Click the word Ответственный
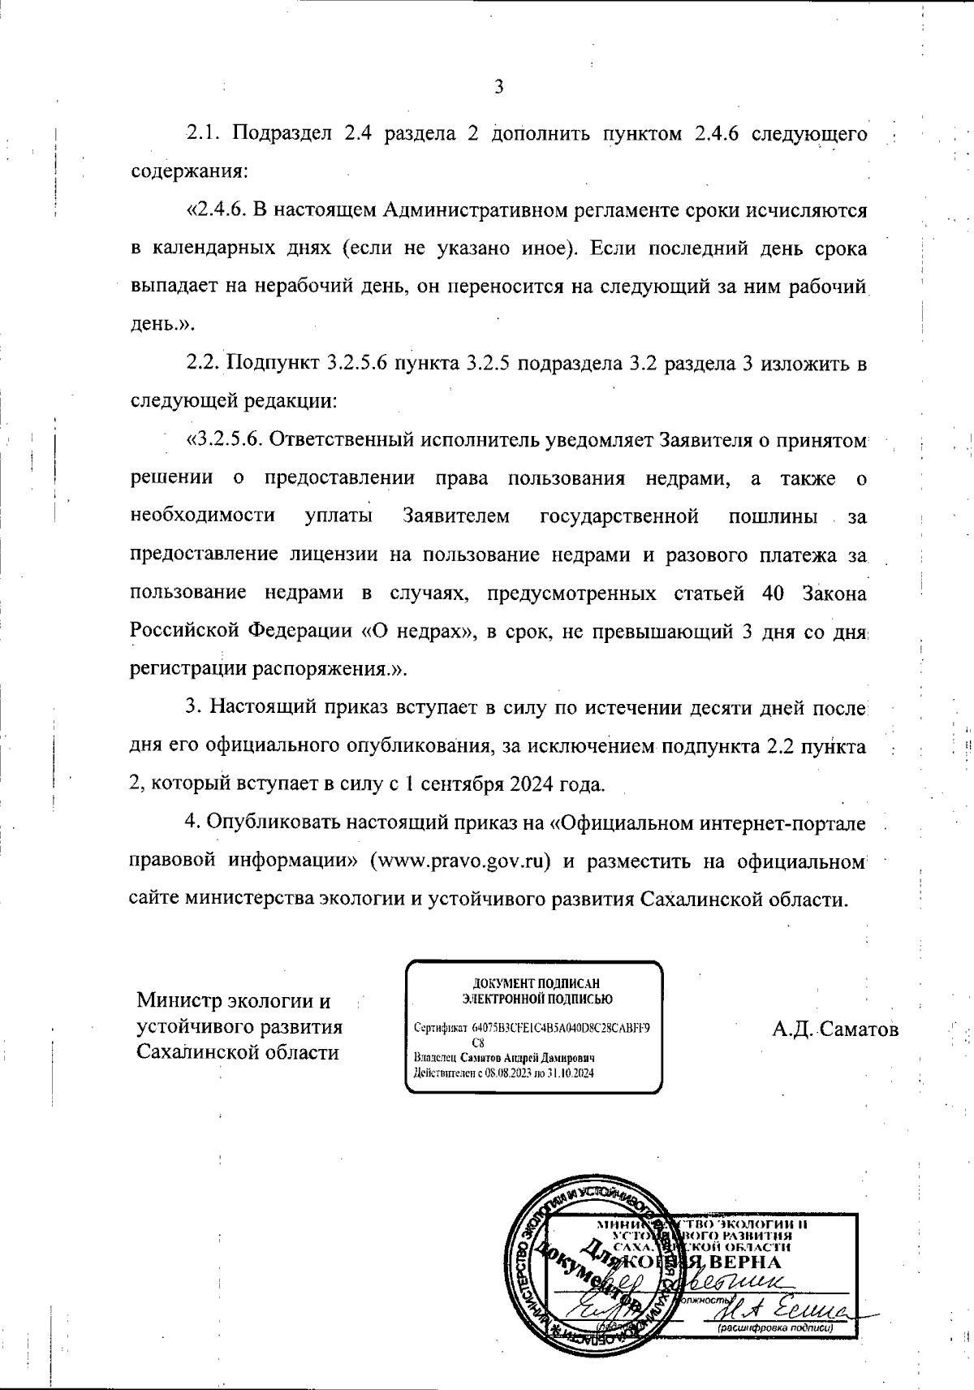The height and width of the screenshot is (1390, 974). [334, 439]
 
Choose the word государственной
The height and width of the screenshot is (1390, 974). [618, 516]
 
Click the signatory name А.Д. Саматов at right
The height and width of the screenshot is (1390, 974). [835, 1030]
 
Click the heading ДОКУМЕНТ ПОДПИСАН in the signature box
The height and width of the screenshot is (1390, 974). [537, 983]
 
